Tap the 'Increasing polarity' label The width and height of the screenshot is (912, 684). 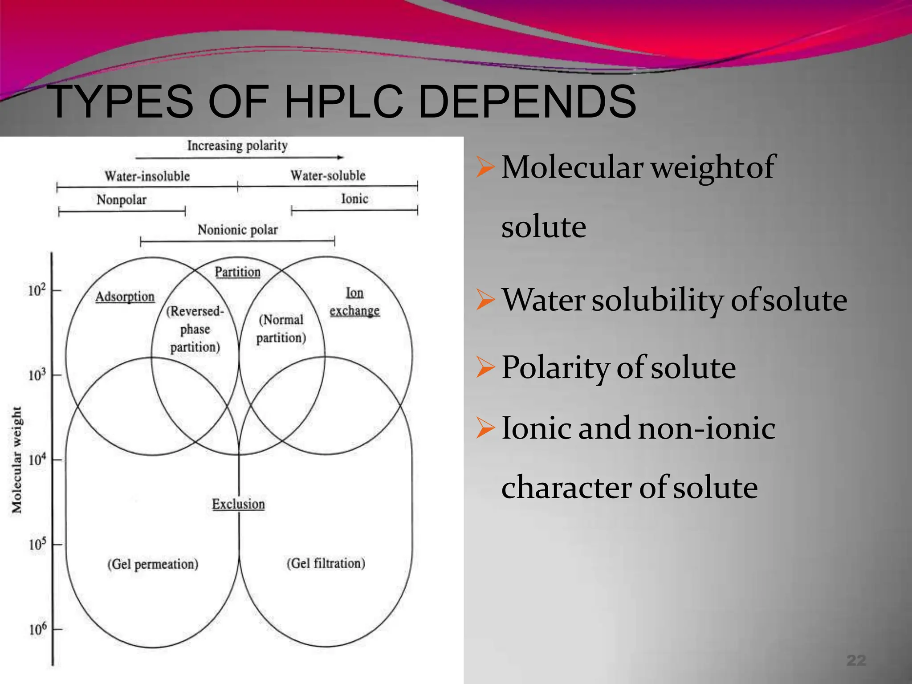pos(237,146)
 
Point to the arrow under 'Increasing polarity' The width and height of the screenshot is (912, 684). pos(239,158)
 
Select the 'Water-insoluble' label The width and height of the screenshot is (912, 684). pos(147,176)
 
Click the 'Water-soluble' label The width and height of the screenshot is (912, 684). pos(328,175)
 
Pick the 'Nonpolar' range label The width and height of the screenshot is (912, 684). pos(122,200)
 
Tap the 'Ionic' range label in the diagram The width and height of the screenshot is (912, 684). pos(354,199)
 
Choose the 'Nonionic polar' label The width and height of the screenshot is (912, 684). pos(238,230)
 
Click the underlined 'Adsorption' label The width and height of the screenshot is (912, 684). pos(125,297)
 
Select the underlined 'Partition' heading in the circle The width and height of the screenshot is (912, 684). pos(238,272)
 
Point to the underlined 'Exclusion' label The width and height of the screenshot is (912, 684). pos(238,504)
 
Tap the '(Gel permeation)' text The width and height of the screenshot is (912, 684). pos(153,564)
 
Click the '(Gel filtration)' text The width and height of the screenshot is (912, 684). pos(326,563)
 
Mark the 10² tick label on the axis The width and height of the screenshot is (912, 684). pos(37,290)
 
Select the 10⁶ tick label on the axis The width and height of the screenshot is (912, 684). pos(37,629)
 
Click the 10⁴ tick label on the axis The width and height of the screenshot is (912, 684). pos(37,459)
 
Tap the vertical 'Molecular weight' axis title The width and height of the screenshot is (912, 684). pos(17,460)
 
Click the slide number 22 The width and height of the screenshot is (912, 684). pos(856,660)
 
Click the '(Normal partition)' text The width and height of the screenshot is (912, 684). pos(281,329)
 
